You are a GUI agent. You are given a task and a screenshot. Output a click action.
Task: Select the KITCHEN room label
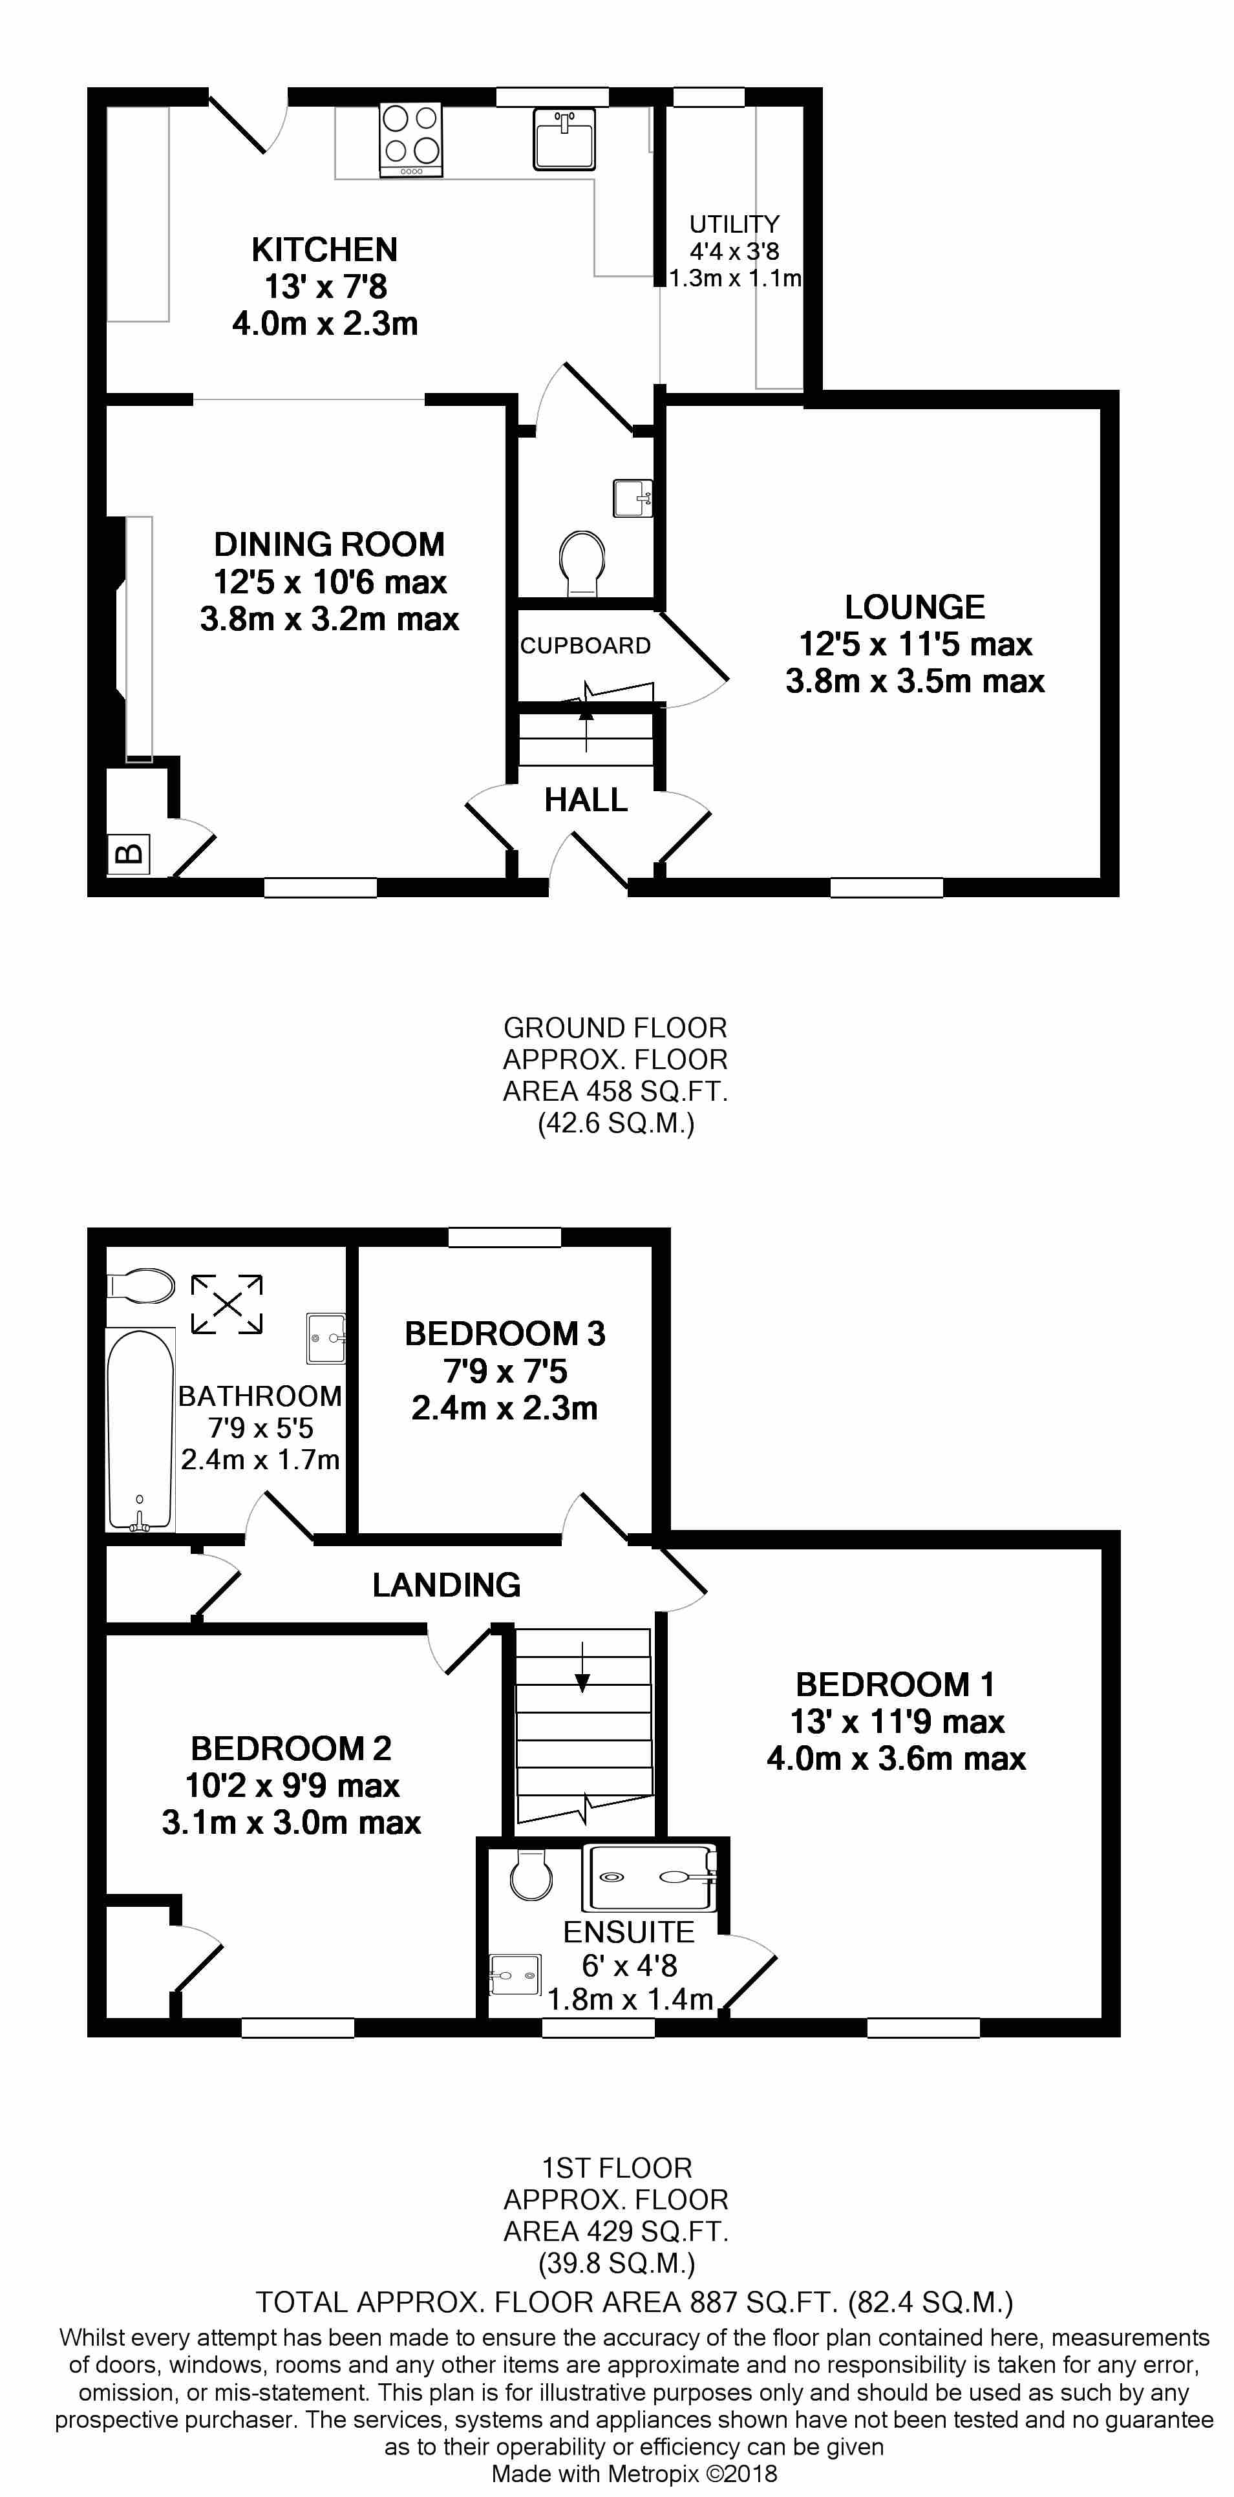point(324,250)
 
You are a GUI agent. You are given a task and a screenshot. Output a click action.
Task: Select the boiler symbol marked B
point(129,854)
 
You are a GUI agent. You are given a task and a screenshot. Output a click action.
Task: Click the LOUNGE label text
point(914,608)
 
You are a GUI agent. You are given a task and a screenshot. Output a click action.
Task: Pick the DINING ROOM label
point(328,545)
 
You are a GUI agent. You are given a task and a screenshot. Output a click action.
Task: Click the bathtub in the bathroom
point(140,1430)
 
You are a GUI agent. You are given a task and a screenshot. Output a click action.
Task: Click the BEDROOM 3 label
point(504,1334)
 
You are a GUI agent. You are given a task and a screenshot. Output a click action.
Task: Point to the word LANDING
point(446,1585)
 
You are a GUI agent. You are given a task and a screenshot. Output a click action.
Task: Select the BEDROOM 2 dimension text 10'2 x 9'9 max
point(292,1785)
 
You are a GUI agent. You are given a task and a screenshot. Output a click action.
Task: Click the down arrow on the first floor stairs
point(582,1667)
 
